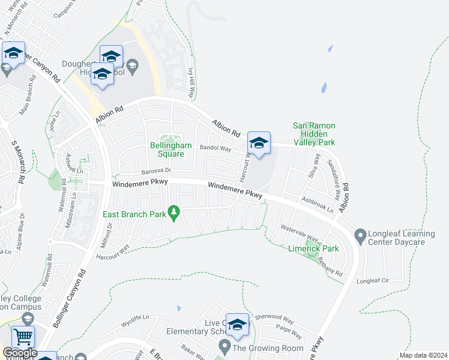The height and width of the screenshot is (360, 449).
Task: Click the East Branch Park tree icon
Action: pos(174,212)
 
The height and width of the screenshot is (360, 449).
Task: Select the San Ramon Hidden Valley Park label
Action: pos(313,134)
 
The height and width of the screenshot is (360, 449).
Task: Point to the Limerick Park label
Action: pos(313,248)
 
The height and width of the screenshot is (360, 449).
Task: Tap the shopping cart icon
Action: pos(23,338)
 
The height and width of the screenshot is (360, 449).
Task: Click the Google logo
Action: pos(20,353)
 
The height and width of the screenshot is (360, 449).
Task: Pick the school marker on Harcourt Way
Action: pos(259,143)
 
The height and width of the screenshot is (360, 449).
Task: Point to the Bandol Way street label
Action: pos(215,148)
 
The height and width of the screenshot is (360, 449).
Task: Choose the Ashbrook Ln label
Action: pos(317,204)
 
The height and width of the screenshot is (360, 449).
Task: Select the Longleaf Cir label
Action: pos(373,281)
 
